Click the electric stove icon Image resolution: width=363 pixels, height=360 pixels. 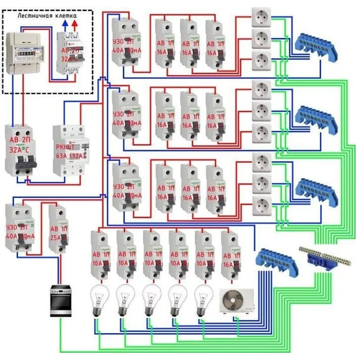[x=60, y=300]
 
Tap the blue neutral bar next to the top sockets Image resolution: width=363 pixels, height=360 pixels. [x=315, y=45]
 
